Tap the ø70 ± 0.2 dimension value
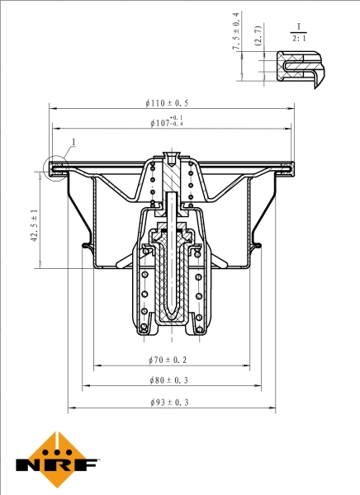(x=169, y=360)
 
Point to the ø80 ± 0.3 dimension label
(x=169, y=380)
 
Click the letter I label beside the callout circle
(x=73, y=143)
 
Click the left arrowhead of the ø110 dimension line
(x=53, y=108)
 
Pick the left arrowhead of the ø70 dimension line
(x=97, y=365)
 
